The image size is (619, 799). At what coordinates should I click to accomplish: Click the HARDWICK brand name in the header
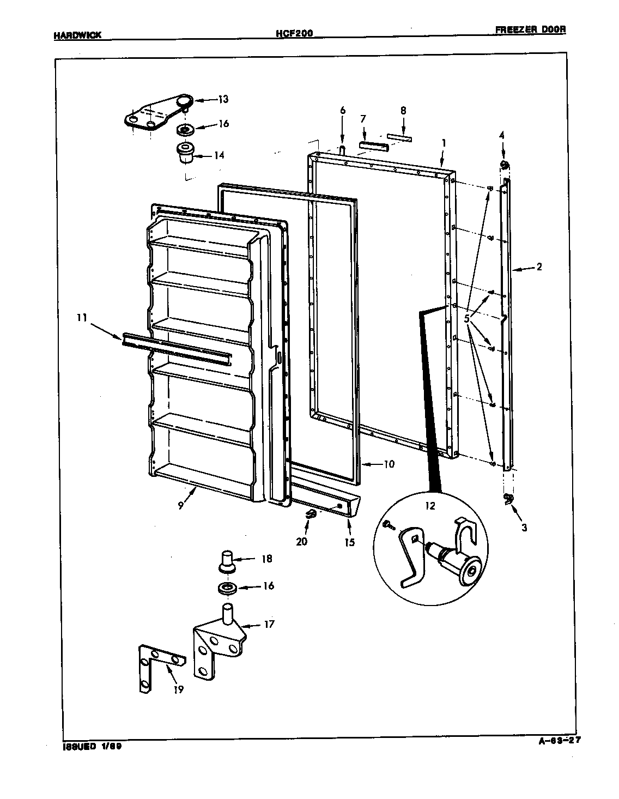77,35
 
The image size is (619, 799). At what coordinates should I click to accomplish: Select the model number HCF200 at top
294,34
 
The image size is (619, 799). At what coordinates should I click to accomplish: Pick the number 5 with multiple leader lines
467,319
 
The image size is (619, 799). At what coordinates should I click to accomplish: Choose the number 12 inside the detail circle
430,505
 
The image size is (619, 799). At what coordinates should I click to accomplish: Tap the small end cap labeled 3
509,498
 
